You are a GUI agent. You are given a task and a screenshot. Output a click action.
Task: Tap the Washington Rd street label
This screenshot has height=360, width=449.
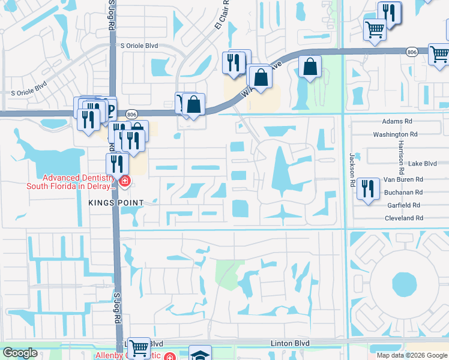tap(395, 134)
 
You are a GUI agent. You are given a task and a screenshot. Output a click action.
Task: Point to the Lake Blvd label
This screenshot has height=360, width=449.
tap(422, 163)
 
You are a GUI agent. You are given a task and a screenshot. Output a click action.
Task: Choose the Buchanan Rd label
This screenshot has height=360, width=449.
tap(403, 192)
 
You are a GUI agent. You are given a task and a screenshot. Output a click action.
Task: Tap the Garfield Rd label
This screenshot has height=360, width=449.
tap(405, 205)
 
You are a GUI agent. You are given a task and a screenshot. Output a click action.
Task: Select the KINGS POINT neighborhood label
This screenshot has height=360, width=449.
tap(116, 203)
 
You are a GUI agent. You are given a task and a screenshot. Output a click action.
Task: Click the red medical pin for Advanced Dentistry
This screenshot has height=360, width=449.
tap(125, 181)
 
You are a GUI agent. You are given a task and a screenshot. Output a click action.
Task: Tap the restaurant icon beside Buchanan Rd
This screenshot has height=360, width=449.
tap(367, 188)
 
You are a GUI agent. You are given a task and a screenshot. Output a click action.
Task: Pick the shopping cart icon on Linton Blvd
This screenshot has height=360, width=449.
tap(139, 347)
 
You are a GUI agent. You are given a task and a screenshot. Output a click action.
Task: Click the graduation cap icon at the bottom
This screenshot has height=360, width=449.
tap(199, 354)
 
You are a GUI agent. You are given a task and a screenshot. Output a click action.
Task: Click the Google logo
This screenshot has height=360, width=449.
tap(20, 353)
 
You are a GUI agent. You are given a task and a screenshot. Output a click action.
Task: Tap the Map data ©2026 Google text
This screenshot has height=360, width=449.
tap(411, 355)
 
